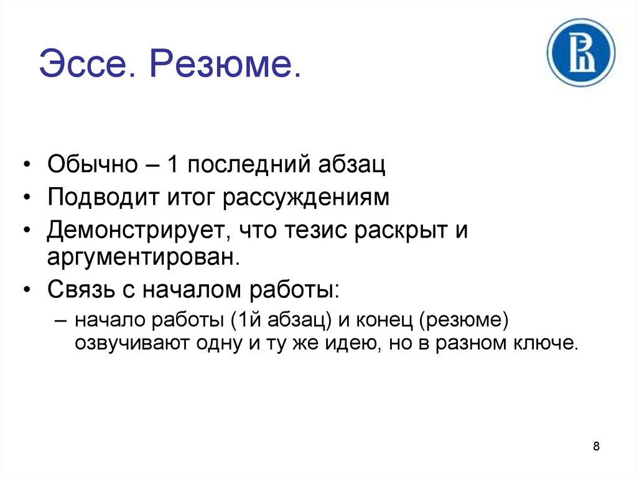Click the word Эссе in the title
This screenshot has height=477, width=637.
point(86,64)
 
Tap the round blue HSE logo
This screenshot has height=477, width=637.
point(581,53)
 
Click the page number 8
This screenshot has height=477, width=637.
point(596,446)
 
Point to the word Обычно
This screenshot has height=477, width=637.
point(93,165)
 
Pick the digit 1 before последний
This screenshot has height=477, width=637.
point(172,164)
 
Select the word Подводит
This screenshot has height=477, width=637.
point(103,198)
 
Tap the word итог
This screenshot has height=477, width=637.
point(190,200)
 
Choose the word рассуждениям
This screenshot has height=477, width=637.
point(306,200)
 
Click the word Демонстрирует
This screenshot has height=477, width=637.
point(136,231)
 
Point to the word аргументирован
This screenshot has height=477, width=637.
point(144,257)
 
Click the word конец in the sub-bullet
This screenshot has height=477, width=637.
point(384,320)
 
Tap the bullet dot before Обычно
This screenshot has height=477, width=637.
point(27,165)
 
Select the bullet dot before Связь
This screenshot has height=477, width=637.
point(27,290)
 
